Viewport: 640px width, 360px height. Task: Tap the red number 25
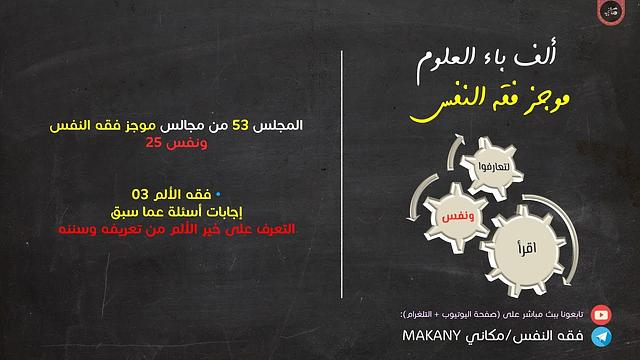pyautogui.click(x=152, y=143)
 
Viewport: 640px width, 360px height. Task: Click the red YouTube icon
pyautogui.click(x=601, y=312)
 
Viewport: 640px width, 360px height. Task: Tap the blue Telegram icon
pyautogui.click(x=601, y=335)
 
